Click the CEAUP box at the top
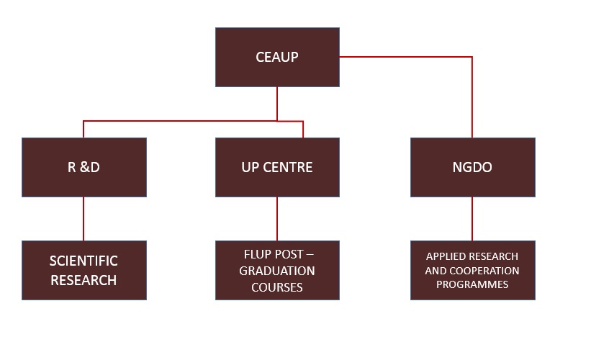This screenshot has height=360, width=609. pos(277,57)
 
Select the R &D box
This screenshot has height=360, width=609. pos(84,167)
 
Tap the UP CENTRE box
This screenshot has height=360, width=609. pos(277,167)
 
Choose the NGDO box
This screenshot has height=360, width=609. pos(473,167)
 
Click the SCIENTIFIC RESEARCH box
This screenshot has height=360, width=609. pos(84,270)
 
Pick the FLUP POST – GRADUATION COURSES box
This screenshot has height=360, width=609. pos(277,270)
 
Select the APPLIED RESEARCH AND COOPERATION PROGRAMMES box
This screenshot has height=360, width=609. pos(473,270)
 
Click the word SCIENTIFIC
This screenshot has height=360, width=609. pos(84,261)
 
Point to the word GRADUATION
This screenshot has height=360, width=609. pos(277,271)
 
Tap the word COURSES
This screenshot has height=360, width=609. pos(277,287)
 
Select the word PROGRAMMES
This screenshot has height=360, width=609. pos(472,284)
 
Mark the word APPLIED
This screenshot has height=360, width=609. pos(441,256)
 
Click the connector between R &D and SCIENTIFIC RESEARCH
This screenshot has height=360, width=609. pos(84,219)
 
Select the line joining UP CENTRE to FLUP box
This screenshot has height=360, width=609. pos(277,219)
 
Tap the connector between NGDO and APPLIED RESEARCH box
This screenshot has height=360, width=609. pos(472,219)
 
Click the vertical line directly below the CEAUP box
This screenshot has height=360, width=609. pos(277,104)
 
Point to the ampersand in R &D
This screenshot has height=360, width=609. pos(84,167)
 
